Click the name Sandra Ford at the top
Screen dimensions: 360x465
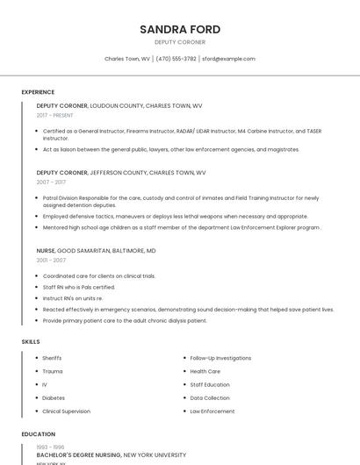coord(180,29)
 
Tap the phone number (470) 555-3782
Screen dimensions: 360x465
coord(176,59)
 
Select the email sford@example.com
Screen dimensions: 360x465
coord(228,59)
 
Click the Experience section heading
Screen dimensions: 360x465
coord(38,92)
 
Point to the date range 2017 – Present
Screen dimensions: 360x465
coord(55,115)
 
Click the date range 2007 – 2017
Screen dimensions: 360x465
coord(51,182)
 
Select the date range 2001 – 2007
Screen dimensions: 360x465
coord(51,261)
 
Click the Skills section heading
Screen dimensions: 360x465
coord(31,341)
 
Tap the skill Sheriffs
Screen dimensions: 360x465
coord(52,358)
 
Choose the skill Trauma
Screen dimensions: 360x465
coord(52,371)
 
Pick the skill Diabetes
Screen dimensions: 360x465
coord(53,397)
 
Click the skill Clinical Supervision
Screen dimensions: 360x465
coord(66,411)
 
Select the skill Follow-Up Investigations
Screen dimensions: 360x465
coord(220,358)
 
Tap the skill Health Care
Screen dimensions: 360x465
coord(205,371)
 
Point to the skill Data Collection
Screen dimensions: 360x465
coord(210,397)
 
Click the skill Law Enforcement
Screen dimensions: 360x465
coord(212,411)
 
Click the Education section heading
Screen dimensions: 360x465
coord(38,434)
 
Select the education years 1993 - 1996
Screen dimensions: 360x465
coord(50,447)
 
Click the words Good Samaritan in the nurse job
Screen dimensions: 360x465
coord(94,251)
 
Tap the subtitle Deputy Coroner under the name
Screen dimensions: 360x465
coord(180,42)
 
